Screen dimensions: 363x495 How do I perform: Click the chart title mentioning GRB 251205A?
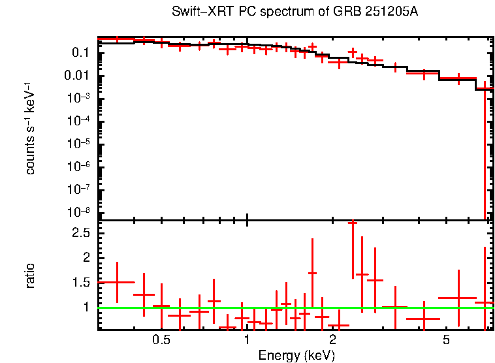tap(295, 12)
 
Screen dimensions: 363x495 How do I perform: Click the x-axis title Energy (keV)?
tap(296, 355)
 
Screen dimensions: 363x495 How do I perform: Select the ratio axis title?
tap(30, 276)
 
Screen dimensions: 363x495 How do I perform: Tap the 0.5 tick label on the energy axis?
tap(161, 340)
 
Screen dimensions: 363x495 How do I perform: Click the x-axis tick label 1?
tap(247, 340)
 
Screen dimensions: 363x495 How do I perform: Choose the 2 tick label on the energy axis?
tap(332, 340)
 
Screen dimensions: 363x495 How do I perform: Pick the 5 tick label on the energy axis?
tap(446, 340)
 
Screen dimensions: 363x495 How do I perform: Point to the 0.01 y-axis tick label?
tap(78, 76)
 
